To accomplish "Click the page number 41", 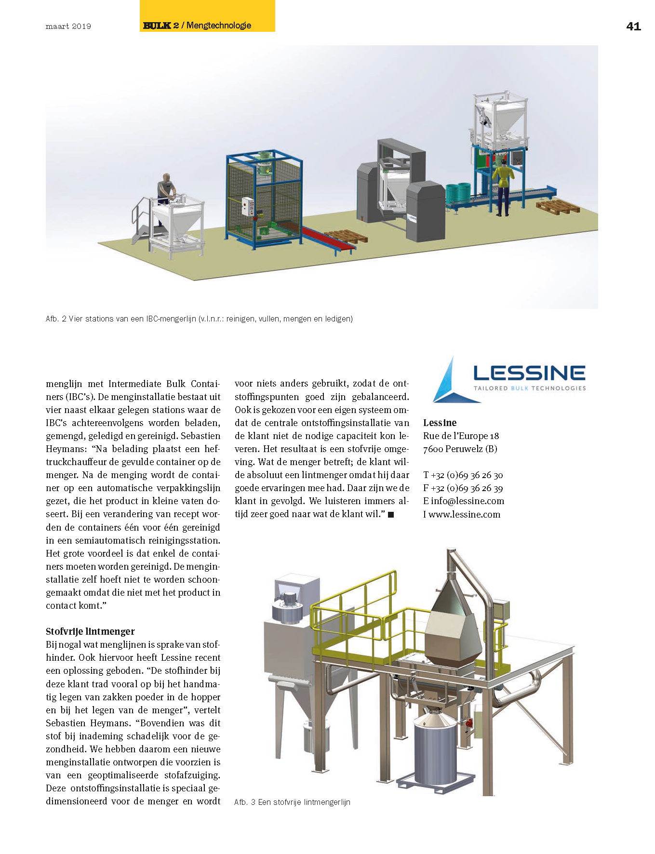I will tap(633, 27).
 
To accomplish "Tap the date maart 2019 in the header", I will tap(68, 27).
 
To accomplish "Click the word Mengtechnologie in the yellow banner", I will tap(219, 26).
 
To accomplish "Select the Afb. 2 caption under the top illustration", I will tap(199, 319).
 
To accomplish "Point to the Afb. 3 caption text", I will tap(292, 802).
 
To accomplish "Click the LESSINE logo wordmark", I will tap(529, 373).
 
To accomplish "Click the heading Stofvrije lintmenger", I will tap(90, 631).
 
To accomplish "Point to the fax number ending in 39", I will tap(463, 488).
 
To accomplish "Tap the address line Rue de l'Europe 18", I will tap(461, 436).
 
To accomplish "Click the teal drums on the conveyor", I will tap(457, 194).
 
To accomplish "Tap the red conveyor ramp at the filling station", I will tap(328, 239).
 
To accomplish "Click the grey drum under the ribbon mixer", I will tap(435, 752).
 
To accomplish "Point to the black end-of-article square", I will tap(391, 515).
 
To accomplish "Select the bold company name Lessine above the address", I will tap(440, 423).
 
